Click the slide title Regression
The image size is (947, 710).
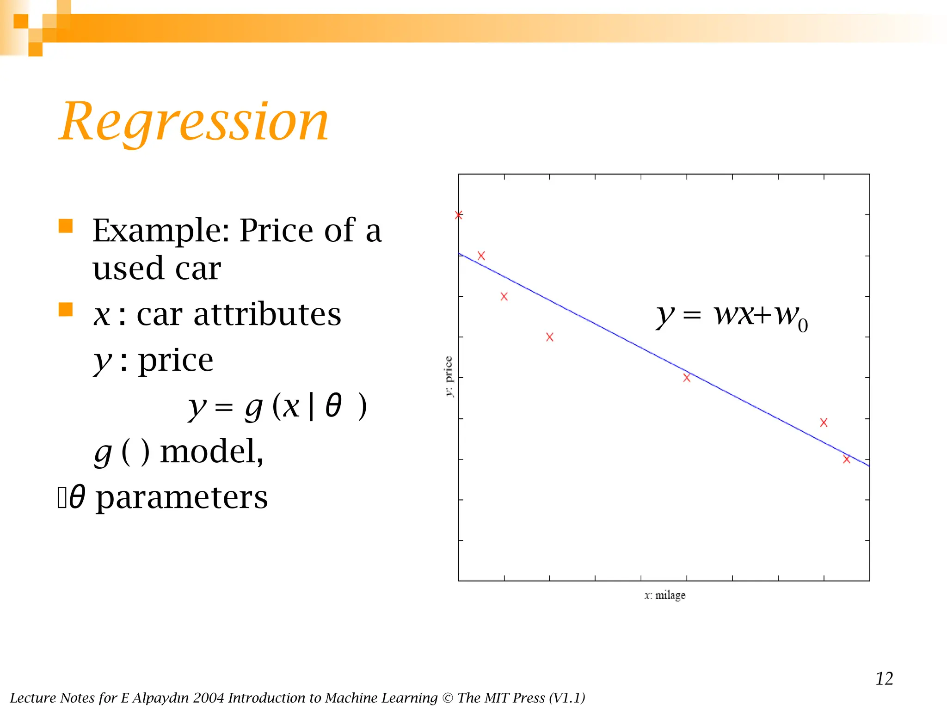click(x=194, y=122)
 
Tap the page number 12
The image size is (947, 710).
click(x=884, y=679)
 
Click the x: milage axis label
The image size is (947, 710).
click(x=665, y=595)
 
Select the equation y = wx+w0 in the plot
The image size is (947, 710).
click(x=732, y=316)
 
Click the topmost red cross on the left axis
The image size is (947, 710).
click(x=459, y=215)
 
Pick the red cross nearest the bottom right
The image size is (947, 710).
click(x=846, y=459)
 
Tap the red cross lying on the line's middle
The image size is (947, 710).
click(x=687, y=378)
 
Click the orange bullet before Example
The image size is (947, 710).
click(x=66, y=226)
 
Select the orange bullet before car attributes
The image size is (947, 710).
click(x=66, y=309)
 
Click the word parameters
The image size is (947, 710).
click(x=182, y=498)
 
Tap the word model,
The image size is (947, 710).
click(x=211, y=452)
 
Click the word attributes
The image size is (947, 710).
click(x=267, y=314)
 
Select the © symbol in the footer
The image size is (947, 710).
click(x=448, y=698)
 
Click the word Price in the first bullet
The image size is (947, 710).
click(x=277, y=230)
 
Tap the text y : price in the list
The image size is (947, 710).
click(x=154, y=360)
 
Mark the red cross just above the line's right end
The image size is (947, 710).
click(x=824, y=422)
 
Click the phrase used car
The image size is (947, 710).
click(x=156, y=268)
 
